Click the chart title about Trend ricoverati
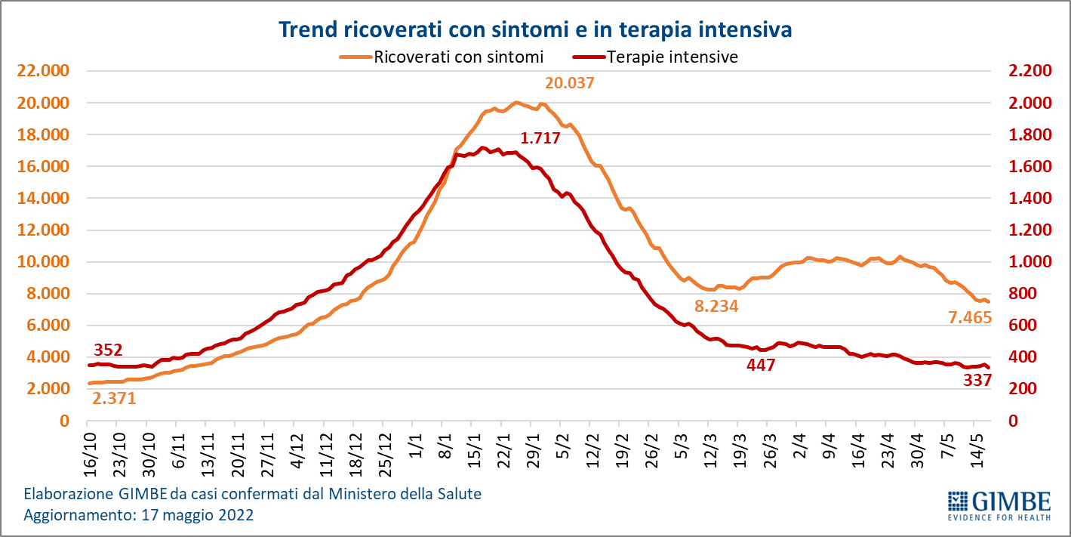[x=535, y=29]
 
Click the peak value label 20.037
[x=570, y=83]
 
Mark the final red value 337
[x=977, y=380]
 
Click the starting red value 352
[x=108, y=350]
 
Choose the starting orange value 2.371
[x=114, y=398]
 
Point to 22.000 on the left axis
[x=42, y=71]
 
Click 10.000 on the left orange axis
[x=42, y=262]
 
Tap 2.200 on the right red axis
[x=1029, y=71]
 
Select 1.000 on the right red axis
[x=1029, y=262]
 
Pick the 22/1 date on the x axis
[x=502, y=452]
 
